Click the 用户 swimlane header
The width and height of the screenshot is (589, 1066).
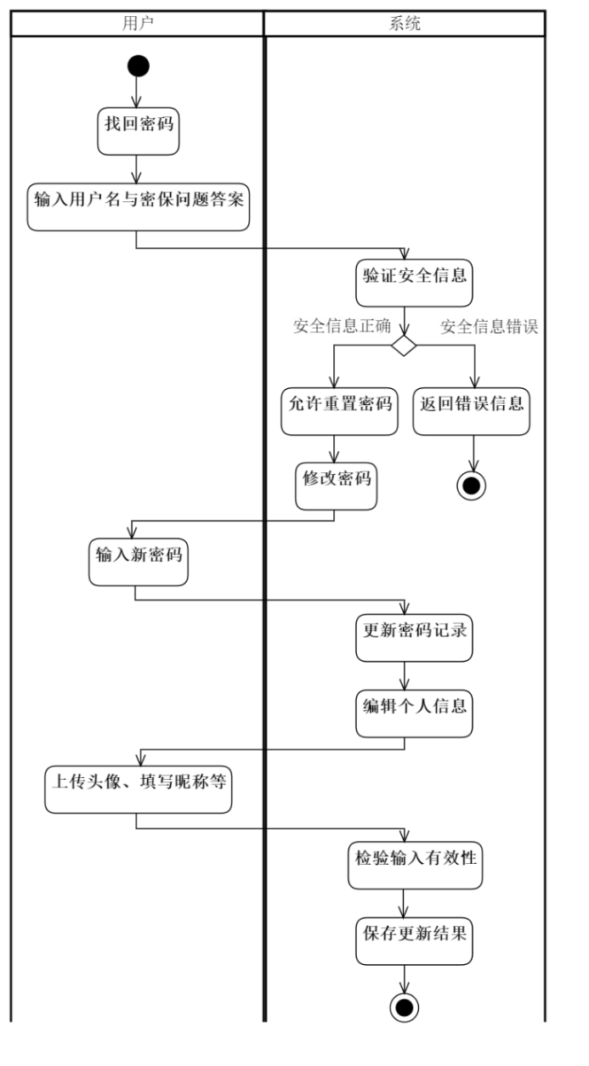tap(136, 23)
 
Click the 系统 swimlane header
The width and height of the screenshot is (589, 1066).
tap(405, 23)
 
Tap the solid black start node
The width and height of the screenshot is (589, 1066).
tap(136, 65)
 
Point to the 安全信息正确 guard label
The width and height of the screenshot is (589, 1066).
tap(343, 326)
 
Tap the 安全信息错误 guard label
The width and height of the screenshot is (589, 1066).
tap(490, 326)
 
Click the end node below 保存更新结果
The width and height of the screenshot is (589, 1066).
tap(405, 1007)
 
